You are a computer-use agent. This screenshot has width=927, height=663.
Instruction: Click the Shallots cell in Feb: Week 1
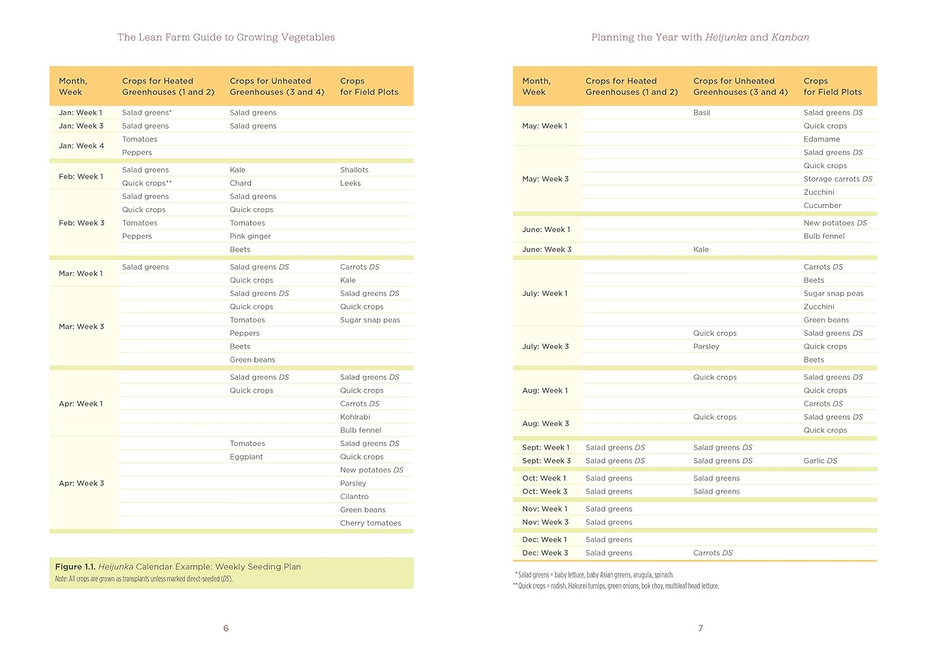click(354, 170)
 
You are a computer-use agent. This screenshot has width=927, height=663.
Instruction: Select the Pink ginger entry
click(250, 236)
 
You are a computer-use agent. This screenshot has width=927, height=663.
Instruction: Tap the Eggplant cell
click(246, 457)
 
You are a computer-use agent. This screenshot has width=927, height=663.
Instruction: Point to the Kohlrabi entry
click(355, 417)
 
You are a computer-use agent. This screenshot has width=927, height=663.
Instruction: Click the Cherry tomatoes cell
click(370, 523)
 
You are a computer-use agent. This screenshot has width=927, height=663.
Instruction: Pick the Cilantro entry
click(354, 497)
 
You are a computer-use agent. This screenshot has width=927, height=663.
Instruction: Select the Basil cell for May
click(701, 113)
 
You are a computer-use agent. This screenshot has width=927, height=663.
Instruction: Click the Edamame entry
click(821, 139)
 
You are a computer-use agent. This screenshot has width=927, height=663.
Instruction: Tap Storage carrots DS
click(837, 179)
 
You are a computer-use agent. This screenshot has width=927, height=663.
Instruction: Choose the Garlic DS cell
click(820, 461)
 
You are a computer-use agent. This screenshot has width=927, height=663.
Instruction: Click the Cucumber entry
click(822, 205)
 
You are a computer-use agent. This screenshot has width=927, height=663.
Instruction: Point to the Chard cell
click(240, 183)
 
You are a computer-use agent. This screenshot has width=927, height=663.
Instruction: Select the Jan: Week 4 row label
click(81, 146)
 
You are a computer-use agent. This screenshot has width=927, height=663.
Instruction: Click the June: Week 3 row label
click(546, 249)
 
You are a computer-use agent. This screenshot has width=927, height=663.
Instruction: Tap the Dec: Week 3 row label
click(544, 553)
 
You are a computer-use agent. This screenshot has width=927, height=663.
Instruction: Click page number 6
click(226, 628)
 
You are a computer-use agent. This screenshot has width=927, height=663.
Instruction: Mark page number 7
click(700, 628)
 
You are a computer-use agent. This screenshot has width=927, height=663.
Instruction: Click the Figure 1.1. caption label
click(75, 567)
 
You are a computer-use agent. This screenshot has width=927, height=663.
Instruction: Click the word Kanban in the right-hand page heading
click(790, 37)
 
